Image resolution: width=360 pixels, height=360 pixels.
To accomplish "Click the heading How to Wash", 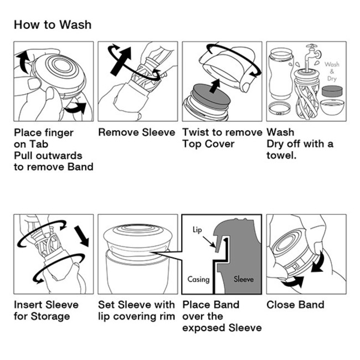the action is [53, 24].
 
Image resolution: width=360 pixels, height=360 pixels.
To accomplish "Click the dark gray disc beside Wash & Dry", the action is [332, 91].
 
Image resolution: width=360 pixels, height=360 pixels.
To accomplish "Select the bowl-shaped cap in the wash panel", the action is [332, 107].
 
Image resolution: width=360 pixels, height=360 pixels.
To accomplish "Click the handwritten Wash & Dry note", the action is [332, 71].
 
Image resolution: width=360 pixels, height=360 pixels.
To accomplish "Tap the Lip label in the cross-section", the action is [197, 230].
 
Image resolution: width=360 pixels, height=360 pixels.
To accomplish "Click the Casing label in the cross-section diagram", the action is [199, 279].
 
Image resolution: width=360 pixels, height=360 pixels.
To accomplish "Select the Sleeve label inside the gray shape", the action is [244, 279].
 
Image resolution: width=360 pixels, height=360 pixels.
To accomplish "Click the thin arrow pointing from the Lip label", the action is [209, 242].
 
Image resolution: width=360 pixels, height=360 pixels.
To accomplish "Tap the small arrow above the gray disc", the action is [215, 86].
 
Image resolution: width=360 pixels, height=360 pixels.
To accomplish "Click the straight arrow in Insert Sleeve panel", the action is [81, 236].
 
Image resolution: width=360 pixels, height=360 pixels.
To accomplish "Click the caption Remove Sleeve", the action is [137, 132].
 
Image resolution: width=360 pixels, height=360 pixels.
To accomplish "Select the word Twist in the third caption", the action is [196, 132].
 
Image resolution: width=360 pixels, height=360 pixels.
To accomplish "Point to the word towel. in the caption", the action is [281, 156].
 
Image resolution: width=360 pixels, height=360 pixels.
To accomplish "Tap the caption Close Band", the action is [296, 305].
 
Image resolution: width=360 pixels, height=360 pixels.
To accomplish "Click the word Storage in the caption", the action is [50, 316].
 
